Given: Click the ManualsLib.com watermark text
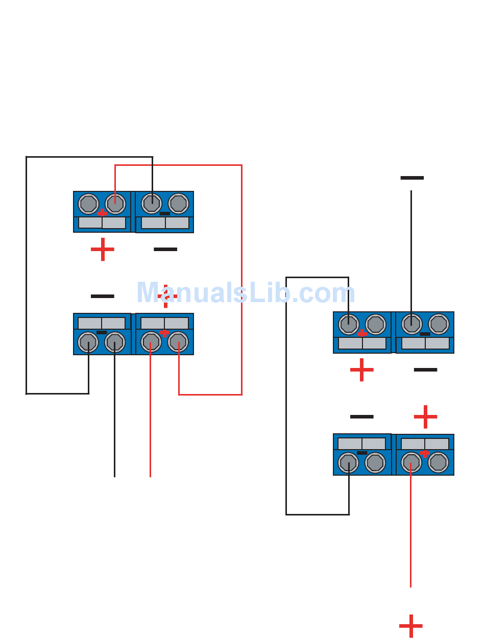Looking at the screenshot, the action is [246, 293].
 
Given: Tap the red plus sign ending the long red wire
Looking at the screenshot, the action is [411, 626].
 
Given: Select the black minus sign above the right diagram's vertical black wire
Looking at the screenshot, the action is [412, 178].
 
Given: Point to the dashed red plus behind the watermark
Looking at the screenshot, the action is [166, 297].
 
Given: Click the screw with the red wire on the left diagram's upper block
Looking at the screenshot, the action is [115, 204].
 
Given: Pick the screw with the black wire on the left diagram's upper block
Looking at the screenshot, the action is [152, 204].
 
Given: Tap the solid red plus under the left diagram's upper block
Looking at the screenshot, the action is [103, 250].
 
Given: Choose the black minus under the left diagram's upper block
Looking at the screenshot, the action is [165, 250].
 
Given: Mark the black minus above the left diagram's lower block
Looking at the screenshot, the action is [103, 296].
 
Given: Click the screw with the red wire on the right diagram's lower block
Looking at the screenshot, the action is [411, 463].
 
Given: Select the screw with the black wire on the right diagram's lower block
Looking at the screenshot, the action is [349, 463].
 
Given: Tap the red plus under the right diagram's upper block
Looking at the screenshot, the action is [362, 370].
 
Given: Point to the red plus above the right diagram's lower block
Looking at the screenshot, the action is [425, 417].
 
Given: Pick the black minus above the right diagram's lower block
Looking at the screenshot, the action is [362, 417].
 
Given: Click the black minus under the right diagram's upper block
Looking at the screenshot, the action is [425, 370].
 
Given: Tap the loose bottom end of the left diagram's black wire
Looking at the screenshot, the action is [114, 476].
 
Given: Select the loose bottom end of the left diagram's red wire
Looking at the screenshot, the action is [150, 476].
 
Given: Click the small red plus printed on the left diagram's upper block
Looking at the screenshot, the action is [102, 212].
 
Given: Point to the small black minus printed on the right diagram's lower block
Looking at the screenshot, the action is [362, 453].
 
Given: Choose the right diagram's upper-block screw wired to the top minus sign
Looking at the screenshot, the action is [411, 324].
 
